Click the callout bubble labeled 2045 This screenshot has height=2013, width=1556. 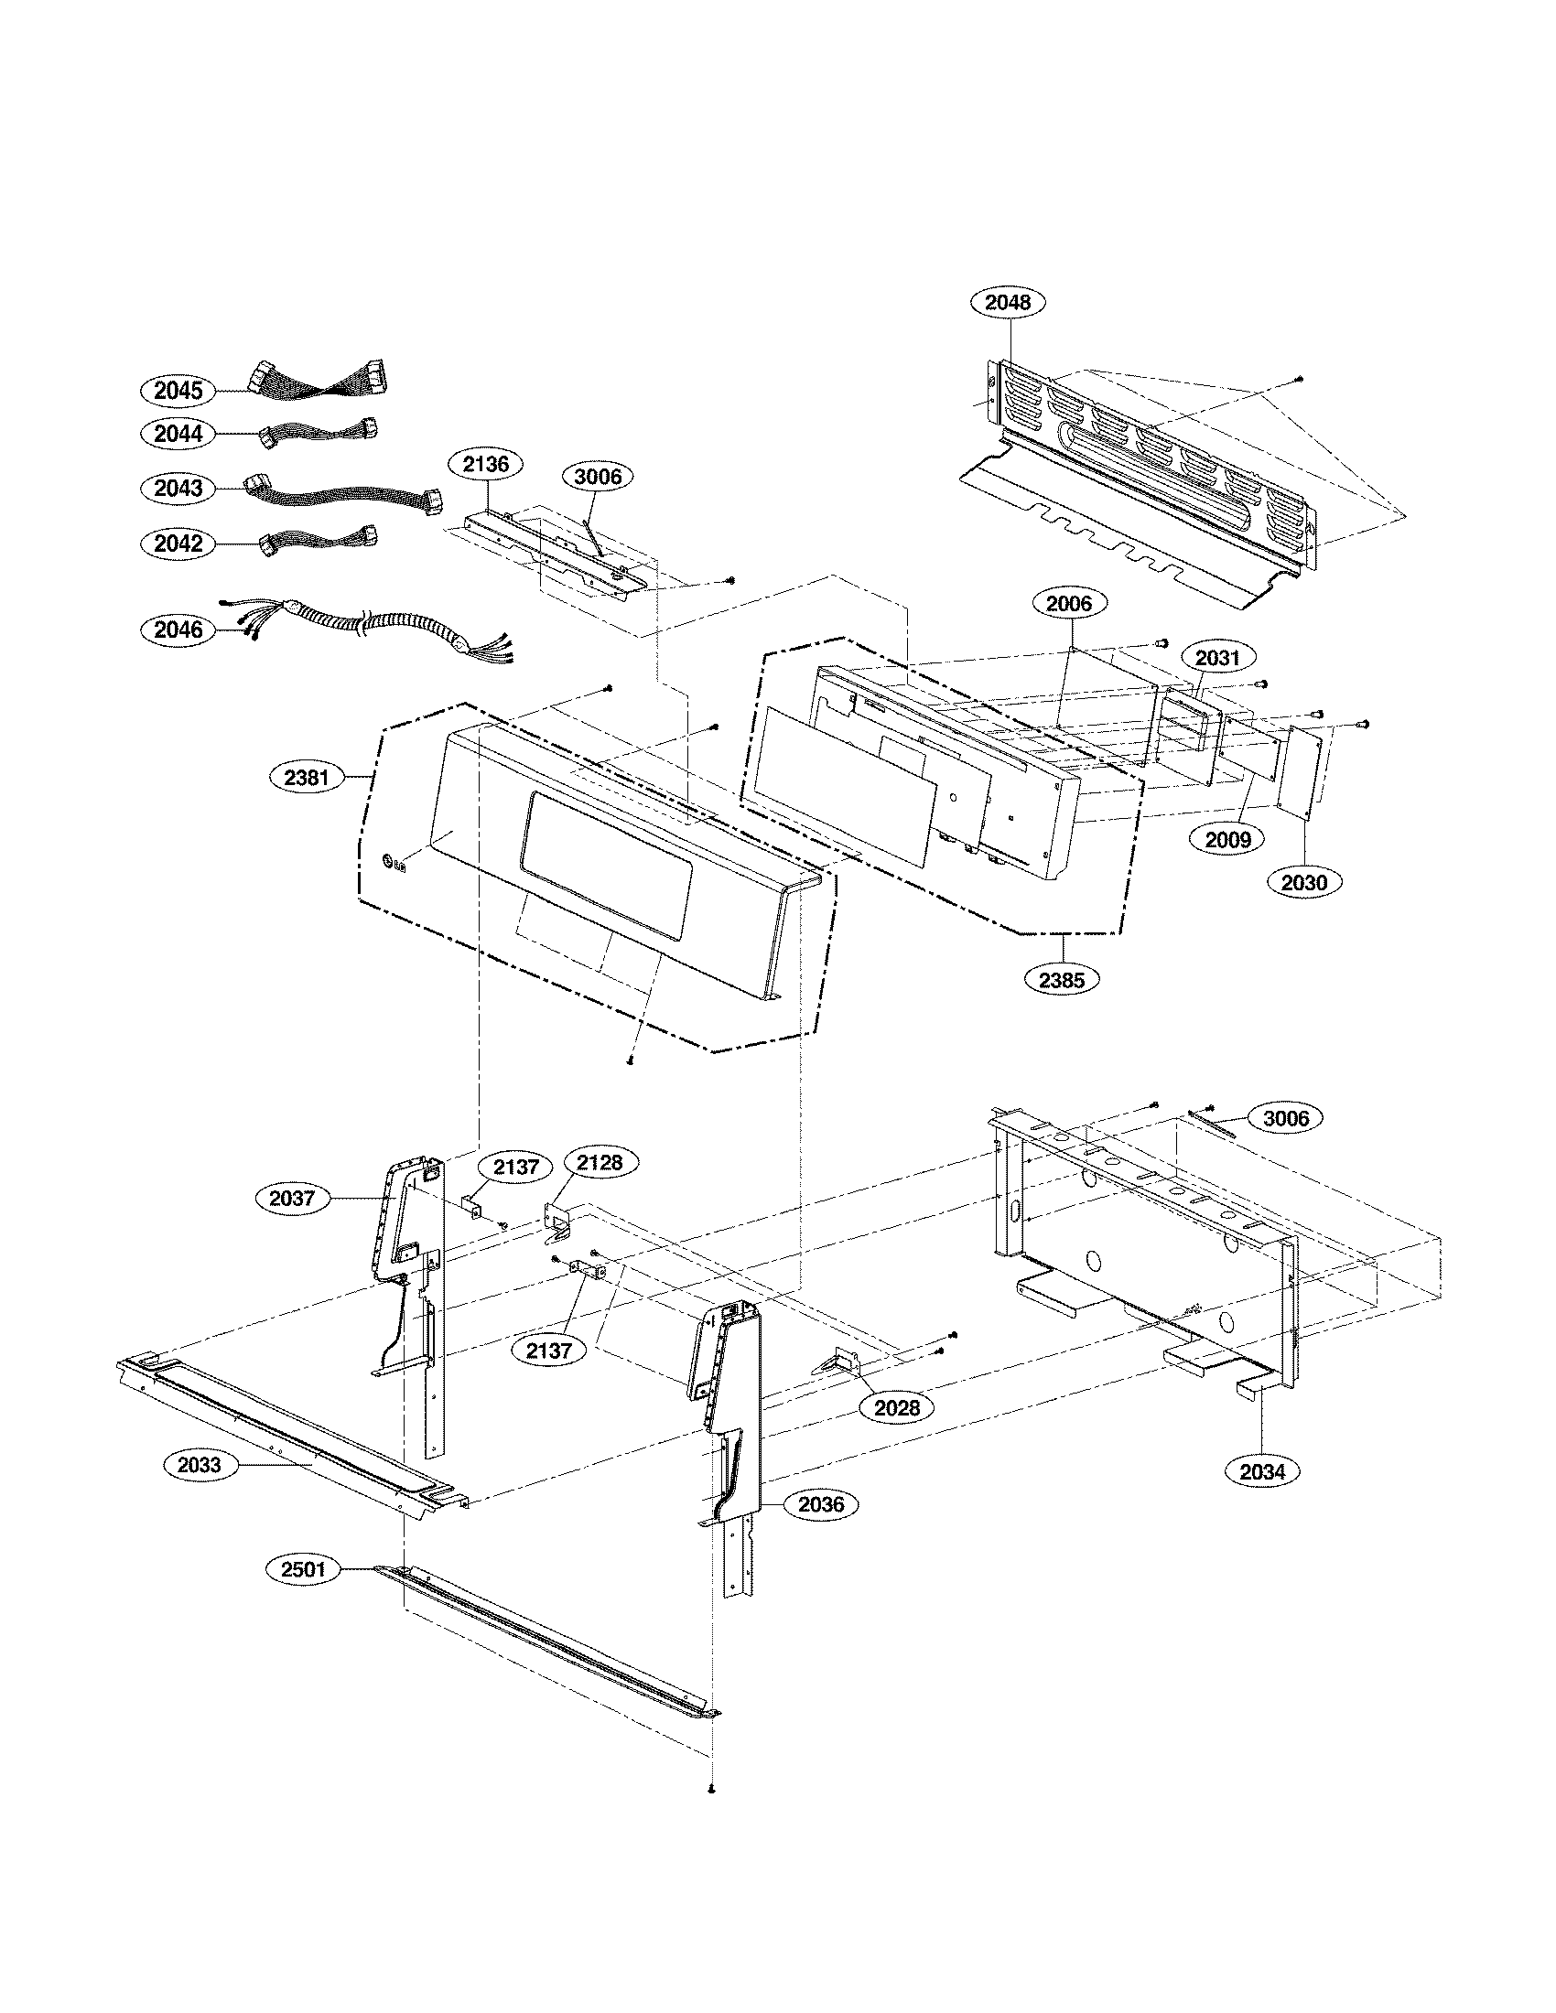(x=178, y=390)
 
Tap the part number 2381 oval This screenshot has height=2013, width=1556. (x=306, y=777)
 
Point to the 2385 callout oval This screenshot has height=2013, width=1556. (x=1062, y=980)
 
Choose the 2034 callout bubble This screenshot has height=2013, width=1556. (x=1262, y=1472)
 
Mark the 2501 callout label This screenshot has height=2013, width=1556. (x=303, y=1568)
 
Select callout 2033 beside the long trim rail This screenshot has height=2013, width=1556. (x=200, y=1466)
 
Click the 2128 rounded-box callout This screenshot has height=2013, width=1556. (x=600, y=1163)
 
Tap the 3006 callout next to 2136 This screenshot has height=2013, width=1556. (x=598, y=477)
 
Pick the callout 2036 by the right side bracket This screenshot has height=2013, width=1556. (x=820, y=1504)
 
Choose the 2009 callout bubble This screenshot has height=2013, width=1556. (x=1227, y=839)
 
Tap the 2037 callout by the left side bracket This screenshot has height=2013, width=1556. (x=292, y=1199)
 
